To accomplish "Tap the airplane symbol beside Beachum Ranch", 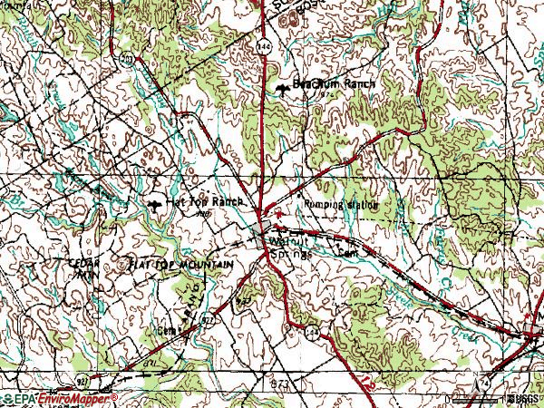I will point(283,87).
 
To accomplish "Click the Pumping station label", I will point(341,205).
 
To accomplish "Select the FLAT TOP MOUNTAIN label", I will point(181,265).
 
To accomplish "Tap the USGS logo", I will point(523,399).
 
